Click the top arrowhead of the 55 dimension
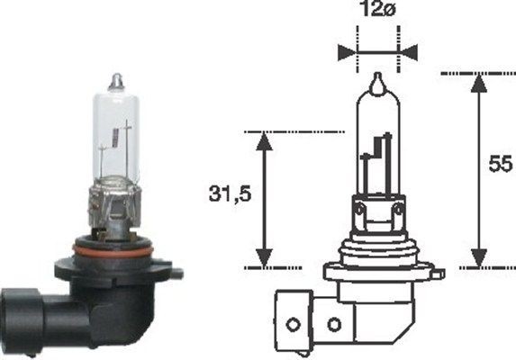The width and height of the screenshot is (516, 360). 478,82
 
